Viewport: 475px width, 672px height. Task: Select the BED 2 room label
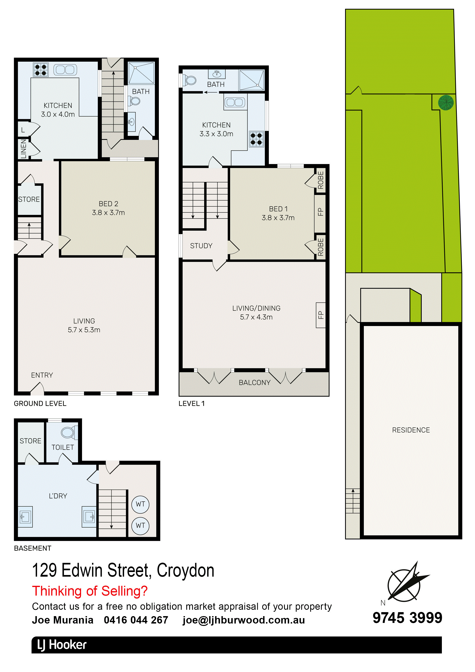tap(108, 204)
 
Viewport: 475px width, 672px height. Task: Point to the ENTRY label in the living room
tap(42, 375)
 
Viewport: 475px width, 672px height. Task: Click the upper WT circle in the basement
tap(141, 504)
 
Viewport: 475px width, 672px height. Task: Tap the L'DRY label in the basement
tap(58, 496)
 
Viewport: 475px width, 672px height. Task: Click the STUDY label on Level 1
tap(201, 246)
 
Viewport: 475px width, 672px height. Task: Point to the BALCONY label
tap(254, 382)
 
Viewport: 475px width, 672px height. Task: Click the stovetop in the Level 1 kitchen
tap(256, 139)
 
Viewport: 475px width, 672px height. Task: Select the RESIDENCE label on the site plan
tap(411, 430)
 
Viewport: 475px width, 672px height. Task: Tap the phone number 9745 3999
tap(407, 618)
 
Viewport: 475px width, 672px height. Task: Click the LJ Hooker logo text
tap(62, 645)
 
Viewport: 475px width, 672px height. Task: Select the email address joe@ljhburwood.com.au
tap(244, 620)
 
